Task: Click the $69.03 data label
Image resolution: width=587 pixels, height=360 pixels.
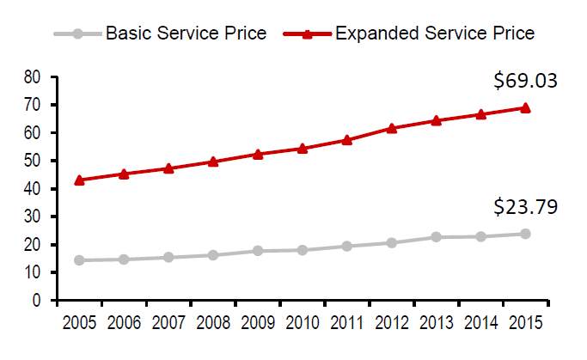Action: coord(525,81)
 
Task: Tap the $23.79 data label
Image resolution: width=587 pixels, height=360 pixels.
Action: coord(525,207)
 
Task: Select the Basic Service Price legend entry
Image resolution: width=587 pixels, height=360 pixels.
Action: coord(160,34)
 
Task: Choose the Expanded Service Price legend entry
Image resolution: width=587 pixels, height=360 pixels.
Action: coord(409,34)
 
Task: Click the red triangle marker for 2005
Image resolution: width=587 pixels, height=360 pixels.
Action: coord(79,180)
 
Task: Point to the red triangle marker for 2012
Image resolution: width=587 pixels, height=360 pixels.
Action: coord(392,128)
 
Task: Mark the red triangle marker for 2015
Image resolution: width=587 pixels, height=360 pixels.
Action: coord(525,108)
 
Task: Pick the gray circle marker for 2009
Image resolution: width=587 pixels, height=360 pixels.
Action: coord(258,251)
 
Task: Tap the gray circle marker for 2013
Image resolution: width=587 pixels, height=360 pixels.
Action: coord(436,237)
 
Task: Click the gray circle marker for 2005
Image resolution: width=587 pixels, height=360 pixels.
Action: coord(79,260)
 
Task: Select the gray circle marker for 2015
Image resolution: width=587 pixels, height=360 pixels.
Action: coord(525,234)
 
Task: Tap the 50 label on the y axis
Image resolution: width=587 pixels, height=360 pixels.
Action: coord(32,161)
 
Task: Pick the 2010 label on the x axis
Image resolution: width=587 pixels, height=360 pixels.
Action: coord(303,322)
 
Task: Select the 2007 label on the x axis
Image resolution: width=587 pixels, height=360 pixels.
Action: coord(168,322)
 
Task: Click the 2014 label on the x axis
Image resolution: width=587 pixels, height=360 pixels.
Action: coord(480,322)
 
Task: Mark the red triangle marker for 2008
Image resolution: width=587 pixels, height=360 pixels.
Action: coord(213,162)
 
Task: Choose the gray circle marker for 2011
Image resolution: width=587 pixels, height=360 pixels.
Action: coord(346,247)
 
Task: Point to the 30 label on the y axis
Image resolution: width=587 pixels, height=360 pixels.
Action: coord(32,217)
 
